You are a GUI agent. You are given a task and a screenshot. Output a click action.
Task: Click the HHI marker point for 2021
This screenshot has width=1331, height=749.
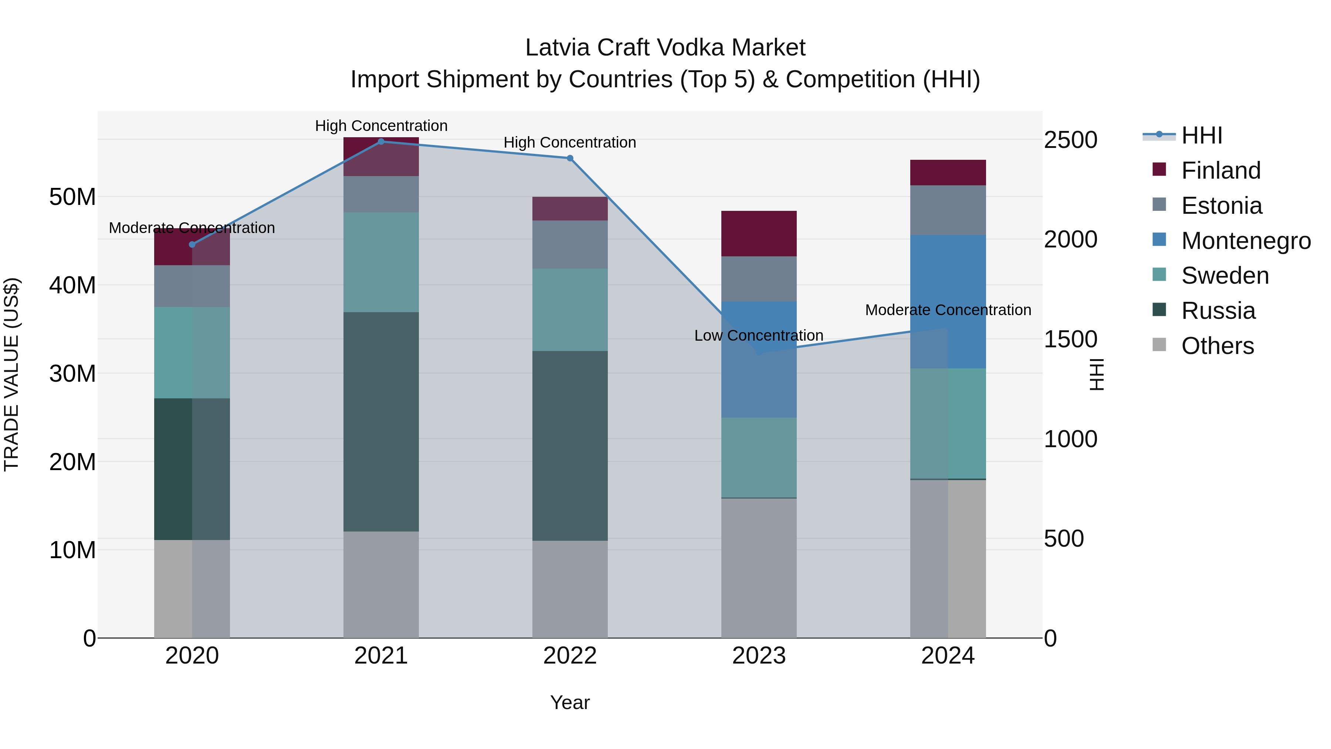tap(381, 142)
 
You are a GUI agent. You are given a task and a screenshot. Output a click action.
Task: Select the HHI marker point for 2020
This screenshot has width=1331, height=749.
tap(192, 244)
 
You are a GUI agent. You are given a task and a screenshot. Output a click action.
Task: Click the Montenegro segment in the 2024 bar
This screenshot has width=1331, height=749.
tap(948, 301)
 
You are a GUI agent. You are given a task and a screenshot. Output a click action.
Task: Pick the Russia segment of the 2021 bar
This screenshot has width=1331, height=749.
tap(381, 421)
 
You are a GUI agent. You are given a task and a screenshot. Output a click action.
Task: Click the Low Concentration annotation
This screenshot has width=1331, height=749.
tap(759, 335)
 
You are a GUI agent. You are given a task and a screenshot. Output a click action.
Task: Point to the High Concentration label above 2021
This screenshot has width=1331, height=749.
tap(381, 126)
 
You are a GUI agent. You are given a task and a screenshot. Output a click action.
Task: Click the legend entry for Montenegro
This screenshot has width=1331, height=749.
tap(1245, 241)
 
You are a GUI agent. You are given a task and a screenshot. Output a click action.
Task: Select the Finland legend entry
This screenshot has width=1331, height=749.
tap(1220, 171)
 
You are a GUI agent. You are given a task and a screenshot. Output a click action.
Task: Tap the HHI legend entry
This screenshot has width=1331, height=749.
tap(1201, 135)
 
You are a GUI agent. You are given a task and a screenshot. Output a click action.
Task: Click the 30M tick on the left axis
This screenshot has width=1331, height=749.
tap(72, 373)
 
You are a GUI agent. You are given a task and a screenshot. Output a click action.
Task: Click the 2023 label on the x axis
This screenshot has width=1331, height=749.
tap(759, 656)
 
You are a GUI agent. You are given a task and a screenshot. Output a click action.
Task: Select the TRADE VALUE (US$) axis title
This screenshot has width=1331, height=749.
tap(11, 374)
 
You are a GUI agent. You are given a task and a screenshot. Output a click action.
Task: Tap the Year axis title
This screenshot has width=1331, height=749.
tap(569, 702)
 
